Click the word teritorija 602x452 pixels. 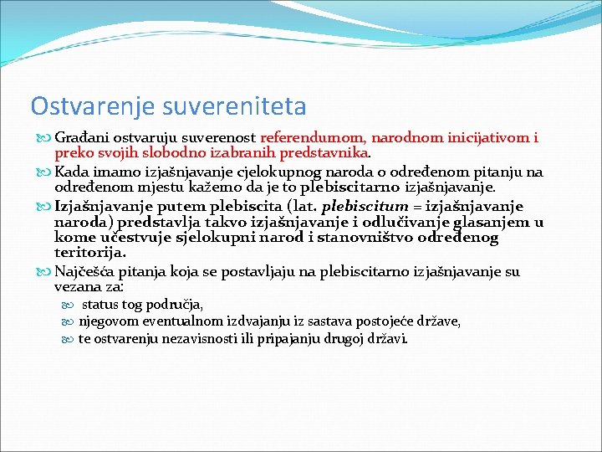coord(90,253)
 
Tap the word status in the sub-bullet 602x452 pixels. coord(101,305)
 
